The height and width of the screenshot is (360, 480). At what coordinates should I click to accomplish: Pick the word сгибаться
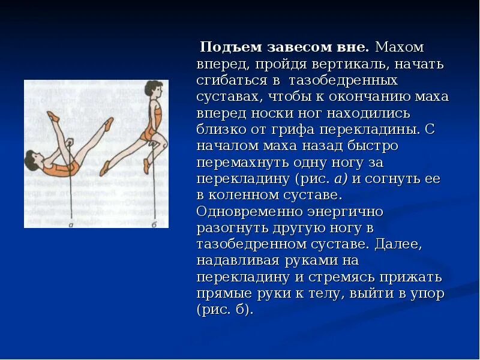point(231,80)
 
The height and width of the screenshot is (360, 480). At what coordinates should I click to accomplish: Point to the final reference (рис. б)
point(225,310)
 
